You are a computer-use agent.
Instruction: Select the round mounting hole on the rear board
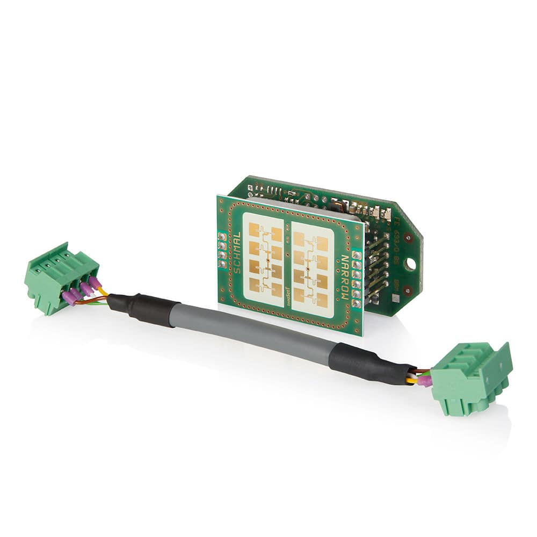pyautogui.click(x=410, y=264)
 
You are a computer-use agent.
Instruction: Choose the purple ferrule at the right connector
pyautogui.click(x=425, y=381)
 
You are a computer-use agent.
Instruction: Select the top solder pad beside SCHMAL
pyautogui.click(x=222, y=237)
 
